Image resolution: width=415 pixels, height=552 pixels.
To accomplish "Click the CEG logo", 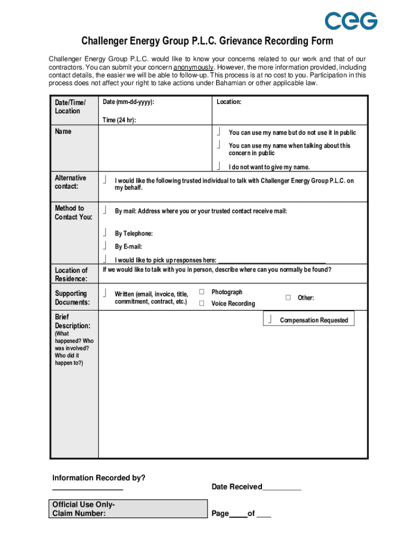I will (x=350, y=20).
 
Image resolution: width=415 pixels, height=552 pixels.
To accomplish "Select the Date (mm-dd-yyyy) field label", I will (x=132, y=102).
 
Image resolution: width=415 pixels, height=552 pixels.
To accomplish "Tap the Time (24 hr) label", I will (x=119, y=120).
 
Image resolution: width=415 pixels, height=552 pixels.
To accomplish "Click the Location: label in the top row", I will (x=229, y=102).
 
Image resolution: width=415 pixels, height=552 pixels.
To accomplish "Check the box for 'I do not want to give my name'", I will (x=219, y=166).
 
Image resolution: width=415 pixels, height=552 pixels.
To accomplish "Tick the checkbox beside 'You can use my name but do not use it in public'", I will (x=219, y=132).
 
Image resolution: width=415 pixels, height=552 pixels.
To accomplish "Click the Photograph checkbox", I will (x=202, y=292).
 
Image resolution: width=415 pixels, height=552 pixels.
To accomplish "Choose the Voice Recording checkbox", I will (x=202, y=303).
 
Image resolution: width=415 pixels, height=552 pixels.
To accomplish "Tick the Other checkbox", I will (x=288, y=298).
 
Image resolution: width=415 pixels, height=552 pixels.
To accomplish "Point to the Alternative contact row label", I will (x=70, y=182).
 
